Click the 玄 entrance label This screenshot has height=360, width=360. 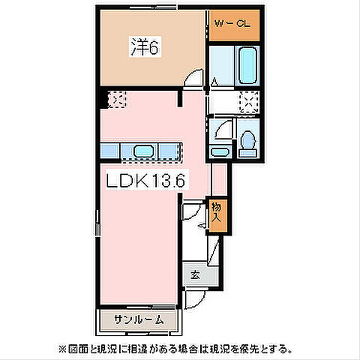coord(194,275)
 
